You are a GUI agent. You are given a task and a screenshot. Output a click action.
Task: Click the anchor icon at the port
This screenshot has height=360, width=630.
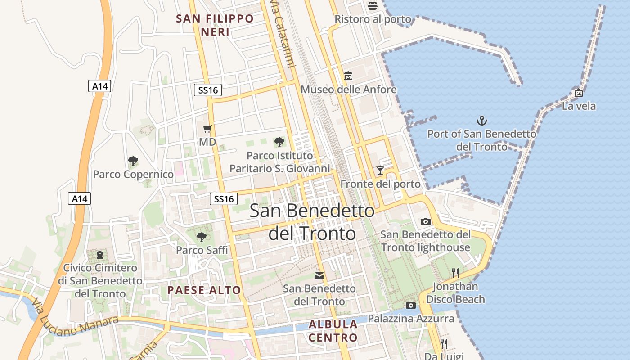pos(482,121)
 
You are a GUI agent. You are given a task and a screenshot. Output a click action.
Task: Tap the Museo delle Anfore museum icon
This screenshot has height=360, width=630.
pos(348,76)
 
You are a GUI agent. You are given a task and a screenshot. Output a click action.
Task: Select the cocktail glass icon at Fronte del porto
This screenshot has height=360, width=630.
pos(380,170)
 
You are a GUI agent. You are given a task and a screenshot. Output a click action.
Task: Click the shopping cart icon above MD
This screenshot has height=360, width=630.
pos(207,129)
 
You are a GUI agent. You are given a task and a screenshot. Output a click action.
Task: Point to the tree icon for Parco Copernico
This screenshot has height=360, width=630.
pos(133,161)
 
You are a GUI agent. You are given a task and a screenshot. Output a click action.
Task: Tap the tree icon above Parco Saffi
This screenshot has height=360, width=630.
pos(201,237)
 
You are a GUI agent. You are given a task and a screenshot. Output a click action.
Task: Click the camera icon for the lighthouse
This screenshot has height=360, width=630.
pos(425,221)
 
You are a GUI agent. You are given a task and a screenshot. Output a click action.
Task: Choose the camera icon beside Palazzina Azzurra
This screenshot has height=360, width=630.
pos(410,305)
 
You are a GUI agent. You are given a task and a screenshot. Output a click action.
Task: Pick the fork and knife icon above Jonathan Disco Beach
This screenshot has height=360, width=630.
pos(455,273)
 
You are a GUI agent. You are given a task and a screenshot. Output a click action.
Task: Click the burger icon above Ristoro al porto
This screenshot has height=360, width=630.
pos(372,5)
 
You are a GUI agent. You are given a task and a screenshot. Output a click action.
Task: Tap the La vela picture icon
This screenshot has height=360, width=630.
pos(579,93)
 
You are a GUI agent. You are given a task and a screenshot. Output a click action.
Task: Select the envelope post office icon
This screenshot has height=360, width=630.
pos(319,275)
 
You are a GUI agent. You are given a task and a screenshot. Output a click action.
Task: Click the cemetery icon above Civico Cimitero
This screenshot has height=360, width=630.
pos(99,255)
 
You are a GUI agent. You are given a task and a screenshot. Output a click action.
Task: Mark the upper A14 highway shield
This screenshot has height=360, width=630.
pos(99,86)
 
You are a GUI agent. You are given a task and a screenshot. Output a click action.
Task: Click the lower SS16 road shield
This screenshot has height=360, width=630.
pos(224,198)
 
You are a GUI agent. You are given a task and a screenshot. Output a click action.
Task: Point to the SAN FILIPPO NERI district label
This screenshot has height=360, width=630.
pos(215,25)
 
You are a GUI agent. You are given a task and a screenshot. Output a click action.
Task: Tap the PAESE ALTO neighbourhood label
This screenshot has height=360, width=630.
pos(204,290)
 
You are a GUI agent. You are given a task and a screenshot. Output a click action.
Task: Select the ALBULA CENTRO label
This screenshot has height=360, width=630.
pos(333,331)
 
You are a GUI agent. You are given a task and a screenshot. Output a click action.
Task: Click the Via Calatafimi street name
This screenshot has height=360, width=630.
pos(282,34)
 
